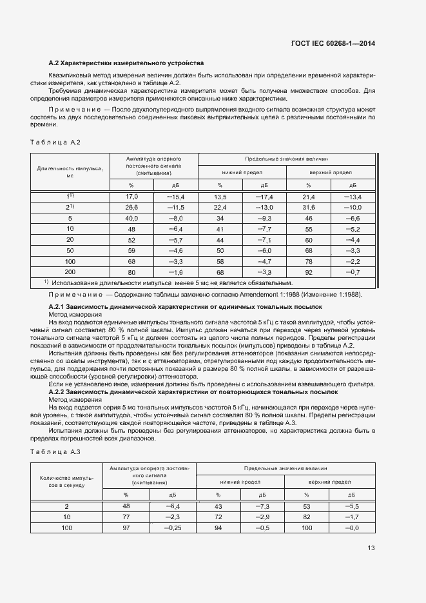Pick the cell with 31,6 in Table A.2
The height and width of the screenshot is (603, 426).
point(308,207)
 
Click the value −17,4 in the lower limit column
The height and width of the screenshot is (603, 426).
point(264,196)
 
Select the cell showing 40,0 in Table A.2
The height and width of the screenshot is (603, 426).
point(131,218)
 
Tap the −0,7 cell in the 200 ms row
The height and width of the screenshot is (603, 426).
point(352,272)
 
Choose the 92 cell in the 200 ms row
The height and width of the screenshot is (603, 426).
point(308,272)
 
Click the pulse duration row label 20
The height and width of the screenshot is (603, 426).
point(70,240)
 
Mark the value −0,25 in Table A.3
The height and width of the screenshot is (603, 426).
point(173,528)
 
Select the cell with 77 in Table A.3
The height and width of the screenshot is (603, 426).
point(126,517)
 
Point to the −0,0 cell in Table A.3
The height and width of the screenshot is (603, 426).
point(351,528)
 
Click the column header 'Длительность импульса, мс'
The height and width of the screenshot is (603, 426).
point(70,171)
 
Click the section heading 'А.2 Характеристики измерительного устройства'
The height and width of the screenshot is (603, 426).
point(126,63)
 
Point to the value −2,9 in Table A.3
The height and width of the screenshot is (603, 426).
point(262,517)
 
